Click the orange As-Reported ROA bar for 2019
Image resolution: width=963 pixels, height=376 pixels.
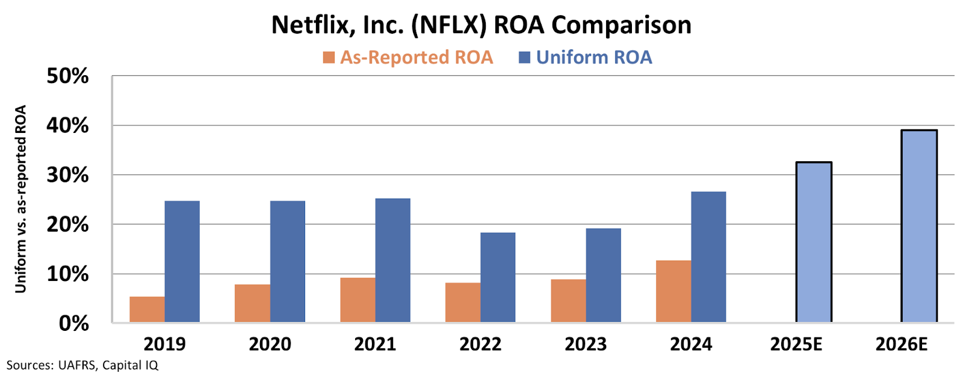tap(147, 309)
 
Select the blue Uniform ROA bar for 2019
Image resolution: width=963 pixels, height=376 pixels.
tap(182, 262)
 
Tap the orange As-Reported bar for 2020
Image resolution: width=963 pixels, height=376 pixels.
tap(252, 303)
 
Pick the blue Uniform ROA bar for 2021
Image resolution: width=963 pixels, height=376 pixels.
tap(392, 260)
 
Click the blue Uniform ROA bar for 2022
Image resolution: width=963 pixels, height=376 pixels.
tap(498, 277)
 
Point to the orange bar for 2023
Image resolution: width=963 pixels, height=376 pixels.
tap(568, 301)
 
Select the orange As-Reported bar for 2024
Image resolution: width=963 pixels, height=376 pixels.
tap(673, 291)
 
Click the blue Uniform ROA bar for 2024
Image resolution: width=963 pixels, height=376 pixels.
tap(708, 257)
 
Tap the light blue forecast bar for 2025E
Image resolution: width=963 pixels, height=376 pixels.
tap(814, 242)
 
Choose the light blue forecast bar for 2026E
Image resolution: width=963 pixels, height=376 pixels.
tap(919, 226)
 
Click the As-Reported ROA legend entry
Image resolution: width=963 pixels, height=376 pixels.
tap(408, 57)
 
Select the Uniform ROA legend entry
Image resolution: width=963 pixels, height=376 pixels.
tap(586, 57)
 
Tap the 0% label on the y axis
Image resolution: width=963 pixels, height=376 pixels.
tap(73, 324)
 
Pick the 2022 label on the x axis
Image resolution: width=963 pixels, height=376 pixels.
tap(480, 344)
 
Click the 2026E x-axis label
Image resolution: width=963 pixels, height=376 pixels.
tap(902, 344)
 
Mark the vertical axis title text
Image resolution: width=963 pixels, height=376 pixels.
tap(21, 199)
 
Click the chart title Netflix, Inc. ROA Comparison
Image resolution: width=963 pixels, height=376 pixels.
tap(481, 25)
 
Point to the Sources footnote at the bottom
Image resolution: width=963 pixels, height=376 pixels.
tap(82, 365)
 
